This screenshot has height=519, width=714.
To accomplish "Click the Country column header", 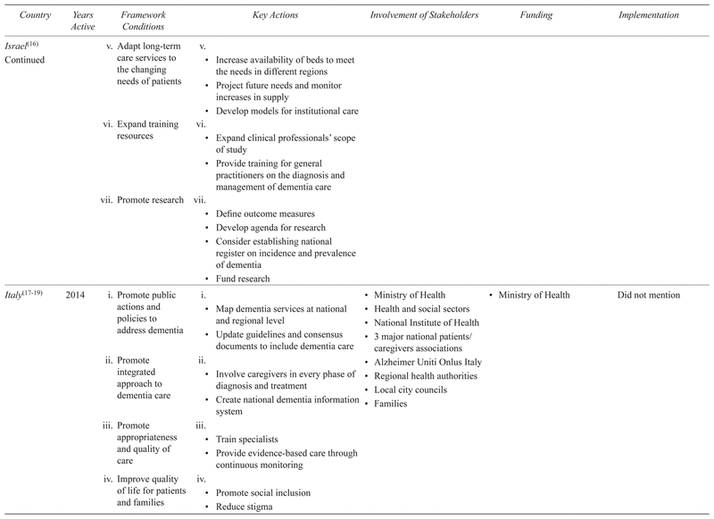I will pyautogui.click(x=23, y=15).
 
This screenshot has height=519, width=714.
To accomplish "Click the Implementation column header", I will pyautogui.click(x=649, y=15).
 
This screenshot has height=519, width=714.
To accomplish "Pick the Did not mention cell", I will pyautogui.click(x=648, y=295).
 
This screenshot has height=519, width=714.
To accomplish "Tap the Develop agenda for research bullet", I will pyautogui.click(x=265, y=227).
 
